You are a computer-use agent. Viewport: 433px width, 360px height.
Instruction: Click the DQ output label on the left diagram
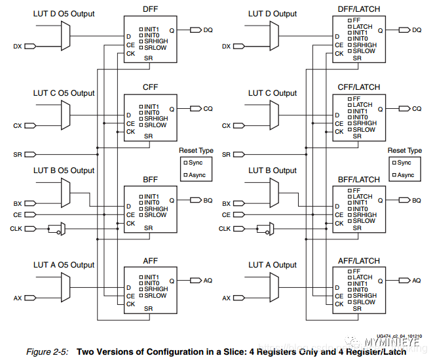coord(208,30)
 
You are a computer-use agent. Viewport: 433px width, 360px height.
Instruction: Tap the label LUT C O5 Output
coord(64,93)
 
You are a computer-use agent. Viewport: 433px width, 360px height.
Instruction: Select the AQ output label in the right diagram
coord(416,280)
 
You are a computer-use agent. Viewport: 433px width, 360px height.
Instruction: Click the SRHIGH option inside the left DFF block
coord(155,42)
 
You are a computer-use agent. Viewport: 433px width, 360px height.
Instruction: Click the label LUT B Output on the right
coord(273,170)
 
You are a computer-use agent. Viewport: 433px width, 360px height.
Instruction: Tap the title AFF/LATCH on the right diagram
coord(358,261)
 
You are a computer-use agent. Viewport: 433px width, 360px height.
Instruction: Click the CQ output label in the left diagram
coord(208,108)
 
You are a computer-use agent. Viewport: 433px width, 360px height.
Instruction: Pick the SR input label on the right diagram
coord(226,154)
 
